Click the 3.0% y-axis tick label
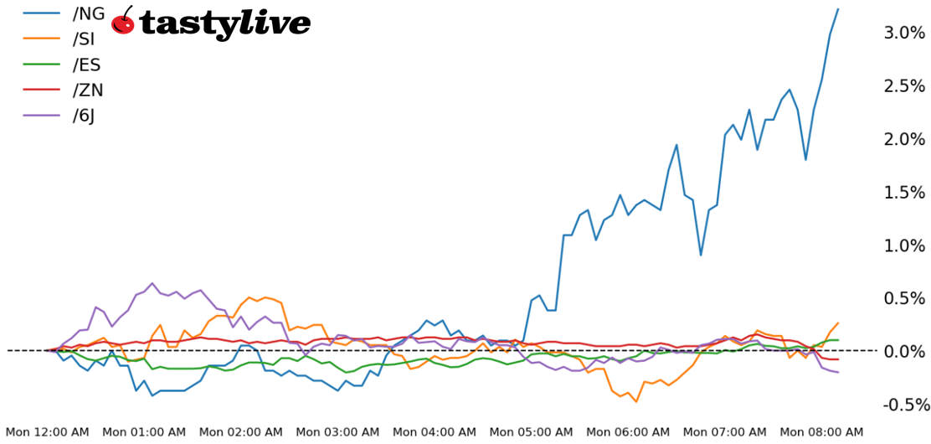[904, 34]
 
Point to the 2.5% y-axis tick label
[904, 86]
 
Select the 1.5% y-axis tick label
[904, 193]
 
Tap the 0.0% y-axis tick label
[904, 352]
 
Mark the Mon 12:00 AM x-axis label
[47, 432]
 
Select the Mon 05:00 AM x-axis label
[531, 432]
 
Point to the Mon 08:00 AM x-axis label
[821, 432]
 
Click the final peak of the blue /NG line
[837, 9]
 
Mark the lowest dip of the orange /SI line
[636, 401]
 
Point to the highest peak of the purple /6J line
[152, 283]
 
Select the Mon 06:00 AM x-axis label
[628, 432]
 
